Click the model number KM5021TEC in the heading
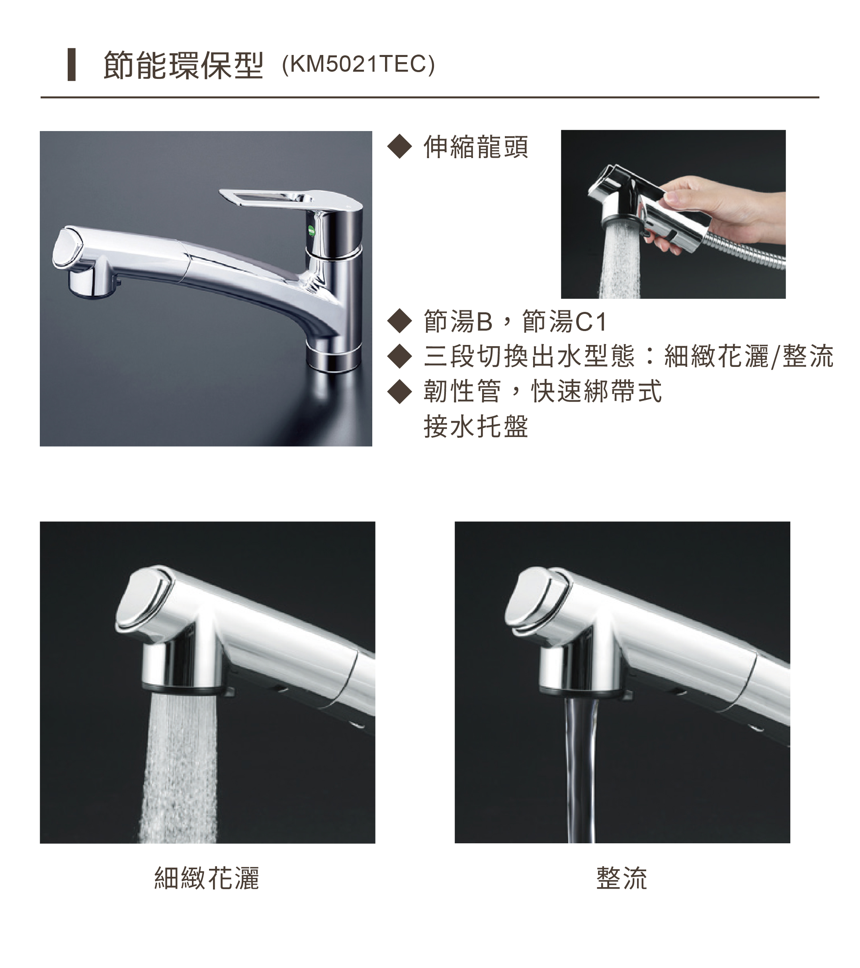coord(358,65)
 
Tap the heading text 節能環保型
coord(183,65)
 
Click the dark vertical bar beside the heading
coord(72,65)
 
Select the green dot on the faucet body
coord(311,231)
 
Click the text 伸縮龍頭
coord(476,147)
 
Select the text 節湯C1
coord(565,321)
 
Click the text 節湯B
coord(458,321)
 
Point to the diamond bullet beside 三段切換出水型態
coord(400,356)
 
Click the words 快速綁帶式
coord(596,392)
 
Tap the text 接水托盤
coord(476,426)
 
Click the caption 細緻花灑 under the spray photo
coord(207,878)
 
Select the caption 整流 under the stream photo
coord(622,878)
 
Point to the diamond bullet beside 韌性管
coord(400,392)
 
